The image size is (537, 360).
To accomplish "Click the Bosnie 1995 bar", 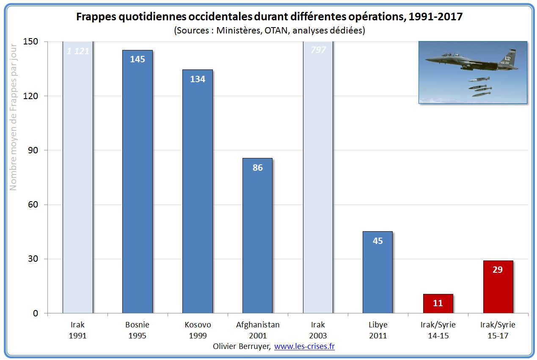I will click(138, 182).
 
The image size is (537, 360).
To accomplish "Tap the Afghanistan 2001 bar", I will click(257, 237).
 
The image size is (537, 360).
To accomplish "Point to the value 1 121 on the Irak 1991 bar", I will click(78, 51).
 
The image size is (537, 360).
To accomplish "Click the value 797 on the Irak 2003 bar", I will click(318, 50).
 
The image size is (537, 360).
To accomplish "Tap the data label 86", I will click(257, 168).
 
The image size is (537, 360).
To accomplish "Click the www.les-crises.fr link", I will click(304, 346).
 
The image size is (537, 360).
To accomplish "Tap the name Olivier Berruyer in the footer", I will click(242, 346).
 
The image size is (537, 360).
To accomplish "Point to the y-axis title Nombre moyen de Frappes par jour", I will click(13, 116).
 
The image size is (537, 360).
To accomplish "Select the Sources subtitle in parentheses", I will click(269, 30).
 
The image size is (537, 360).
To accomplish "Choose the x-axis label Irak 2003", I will click(318, 330).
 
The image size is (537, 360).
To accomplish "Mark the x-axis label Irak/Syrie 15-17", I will click(498, 330).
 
